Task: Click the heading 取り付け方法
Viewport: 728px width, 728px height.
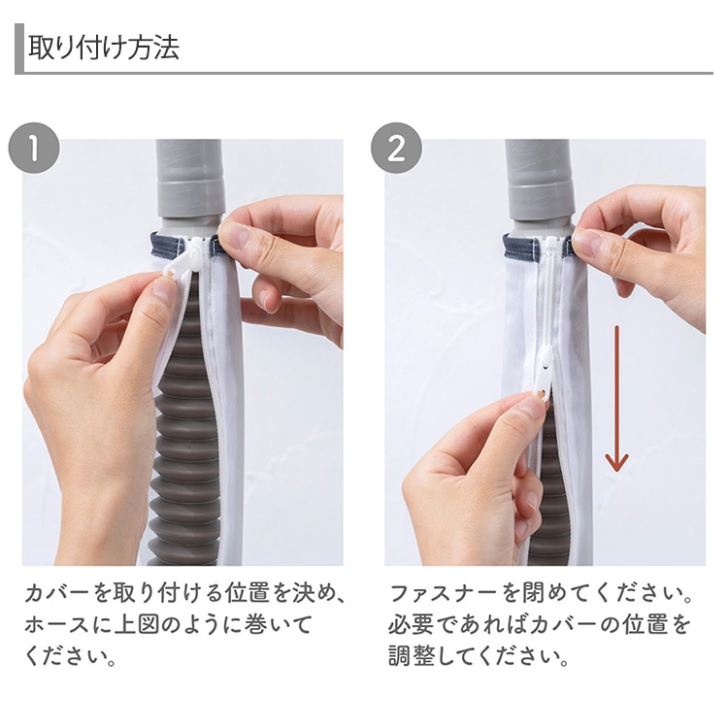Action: pyautogui.click(x=104, y=49)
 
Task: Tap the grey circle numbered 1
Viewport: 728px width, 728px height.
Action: pyautogui.click(x=34, y=149)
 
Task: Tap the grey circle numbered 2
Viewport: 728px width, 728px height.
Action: pyautogui.click(x=396, y=149)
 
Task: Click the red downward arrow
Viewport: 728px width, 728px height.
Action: pyautogui.click(x=616, y=398)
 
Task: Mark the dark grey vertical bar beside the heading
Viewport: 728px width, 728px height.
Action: pyautogui.click(x=19, y=49)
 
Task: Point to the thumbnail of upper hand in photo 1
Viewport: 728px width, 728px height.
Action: pyautogui.click(x=231, y=236)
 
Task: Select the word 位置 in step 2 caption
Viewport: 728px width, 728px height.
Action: pyautogui.click(x=645, y=624)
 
